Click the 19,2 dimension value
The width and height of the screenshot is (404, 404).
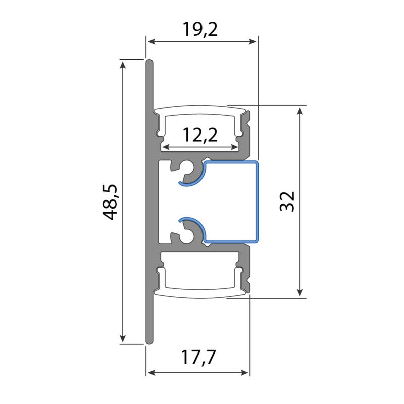pos(200,30)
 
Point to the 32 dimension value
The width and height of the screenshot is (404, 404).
pos(286,201)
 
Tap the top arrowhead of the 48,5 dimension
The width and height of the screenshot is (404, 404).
pos(123,63)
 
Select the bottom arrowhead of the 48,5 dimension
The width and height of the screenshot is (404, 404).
pos(123,340)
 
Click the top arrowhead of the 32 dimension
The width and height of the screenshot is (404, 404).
pos(300,110)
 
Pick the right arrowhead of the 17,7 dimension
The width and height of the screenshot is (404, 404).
pos(246,373)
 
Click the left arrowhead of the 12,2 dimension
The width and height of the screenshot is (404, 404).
pos(165,148)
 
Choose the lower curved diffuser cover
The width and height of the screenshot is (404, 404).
pos(201,293)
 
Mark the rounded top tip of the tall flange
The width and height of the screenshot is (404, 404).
pos(149,62)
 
